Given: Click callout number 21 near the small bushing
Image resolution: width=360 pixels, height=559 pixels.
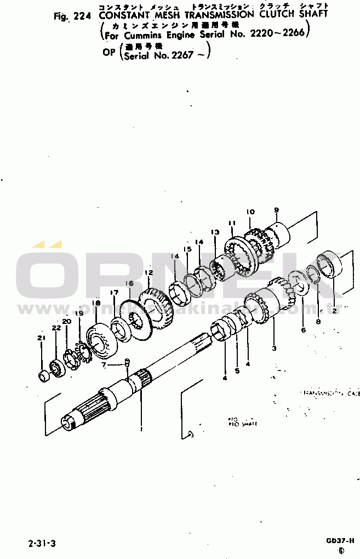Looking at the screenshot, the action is tap(41, 338).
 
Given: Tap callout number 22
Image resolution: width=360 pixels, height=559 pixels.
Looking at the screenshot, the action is tap(56, 328).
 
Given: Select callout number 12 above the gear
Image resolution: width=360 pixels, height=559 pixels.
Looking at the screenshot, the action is tap(149, 272).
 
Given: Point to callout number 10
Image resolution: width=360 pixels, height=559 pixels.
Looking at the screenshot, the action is tap(250, 212).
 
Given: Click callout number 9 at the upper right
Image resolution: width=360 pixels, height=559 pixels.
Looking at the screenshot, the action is tap(276, 210).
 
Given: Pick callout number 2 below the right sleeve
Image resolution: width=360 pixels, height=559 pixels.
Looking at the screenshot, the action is tap(334, 311).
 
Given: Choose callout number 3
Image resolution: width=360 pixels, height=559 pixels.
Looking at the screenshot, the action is tap(274, 348).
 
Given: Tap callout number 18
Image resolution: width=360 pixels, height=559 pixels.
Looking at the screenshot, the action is tap(96, 303).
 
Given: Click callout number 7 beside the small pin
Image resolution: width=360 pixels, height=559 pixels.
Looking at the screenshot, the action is tap(104, 364).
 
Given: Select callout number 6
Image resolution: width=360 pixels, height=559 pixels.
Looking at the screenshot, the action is tap(302, 330).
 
